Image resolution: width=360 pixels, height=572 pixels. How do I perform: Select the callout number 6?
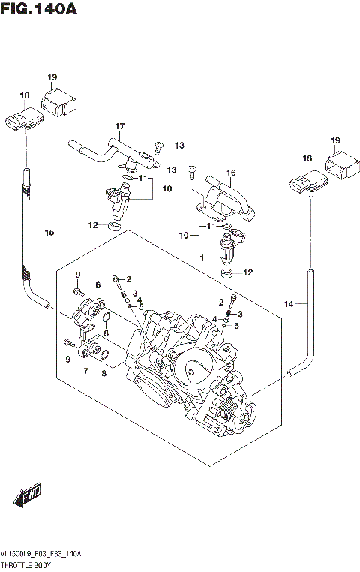97,284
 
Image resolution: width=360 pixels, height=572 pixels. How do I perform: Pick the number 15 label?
49,233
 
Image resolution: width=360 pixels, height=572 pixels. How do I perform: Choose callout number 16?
231,173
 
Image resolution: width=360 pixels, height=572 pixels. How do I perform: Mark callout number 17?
118,125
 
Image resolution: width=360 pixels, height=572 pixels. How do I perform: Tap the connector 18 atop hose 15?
22,119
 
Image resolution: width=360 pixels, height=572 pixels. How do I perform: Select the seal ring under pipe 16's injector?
229,272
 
